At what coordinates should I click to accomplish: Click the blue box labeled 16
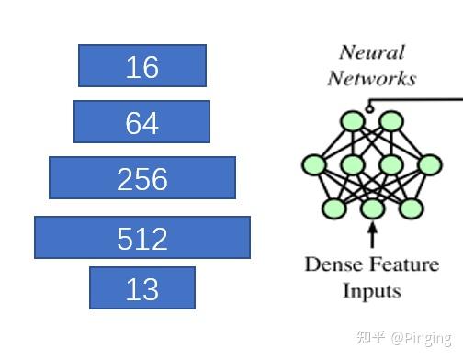(x=142, y=66)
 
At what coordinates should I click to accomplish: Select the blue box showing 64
(x=141, y=122)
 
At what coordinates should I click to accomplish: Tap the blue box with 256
(x=142, y=178)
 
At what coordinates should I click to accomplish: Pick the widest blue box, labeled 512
(x=142, y=237)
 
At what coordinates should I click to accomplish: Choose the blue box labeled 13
(x=142, y=288)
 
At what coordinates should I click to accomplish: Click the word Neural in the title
(x=372, y=52)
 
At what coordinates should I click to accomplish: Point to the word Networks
(x=372, y=78)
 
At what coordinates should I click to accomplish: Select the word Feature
(x=406, y=265)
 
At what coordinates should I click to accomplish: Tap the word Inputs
(x=372, y=291)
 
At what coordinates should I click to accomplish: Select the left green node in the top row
(x=352, y=120)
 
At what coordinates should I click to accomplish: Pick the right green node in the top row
(x=391, y=120)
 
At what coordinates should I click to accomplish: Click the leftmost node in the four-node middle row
(x=313, y=165)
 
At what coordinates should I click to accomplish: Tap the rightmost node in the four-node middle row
(x=430, y=165)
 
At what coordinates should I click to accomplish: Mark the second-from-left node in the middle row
(x=353, y=165)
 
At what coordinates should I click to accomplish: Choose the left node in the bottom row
(x=333, y=208)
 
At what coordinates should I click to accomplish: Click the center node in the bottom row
(x=372, y=209)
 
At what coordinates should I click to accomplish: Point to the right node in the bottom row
(x=411, y=208)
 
